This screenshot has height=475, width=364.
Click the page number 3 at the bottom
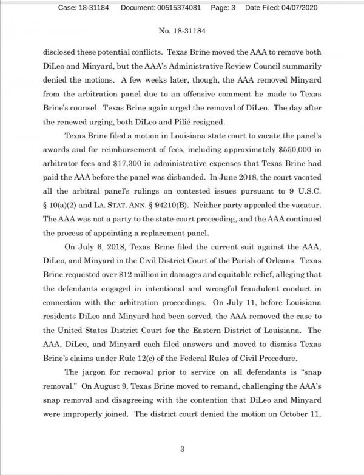(x=182, y=449)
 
